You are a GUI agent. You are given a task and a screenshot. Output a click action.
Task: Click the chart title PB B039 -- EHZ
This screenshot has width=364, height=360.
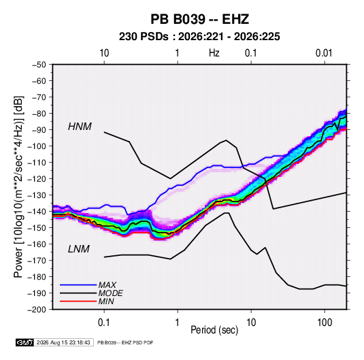[199, 19]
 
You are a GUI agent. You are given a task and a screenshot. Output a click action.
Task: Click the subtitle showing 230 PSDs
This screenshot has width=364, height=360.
[199, 37]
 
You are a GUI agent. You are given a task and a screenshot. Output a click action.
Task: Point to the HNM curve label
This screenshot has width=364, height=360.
[80, 127]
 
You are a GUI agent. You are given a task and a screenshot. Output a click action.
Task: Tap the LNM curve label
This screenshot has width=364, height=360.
[79, 249]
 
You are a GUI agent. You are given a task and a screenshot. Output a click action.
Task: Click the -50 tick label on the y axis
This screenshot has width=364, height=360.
[39, 65]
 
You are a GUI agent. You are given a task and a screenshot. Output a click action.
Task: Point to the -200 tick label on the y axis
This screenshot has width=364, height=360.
[37, 310]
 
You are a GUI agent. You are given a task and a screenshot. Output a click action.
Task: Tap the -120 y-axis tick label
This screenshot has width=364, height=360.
[37, 179]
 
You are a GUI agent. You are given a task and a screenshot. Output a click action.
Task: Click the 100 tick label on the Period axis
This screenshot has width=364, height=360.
[325, 323]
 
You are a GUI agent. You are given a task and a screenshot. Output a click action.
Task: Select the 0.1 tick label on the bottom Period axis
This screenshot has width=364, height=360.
[104, 323]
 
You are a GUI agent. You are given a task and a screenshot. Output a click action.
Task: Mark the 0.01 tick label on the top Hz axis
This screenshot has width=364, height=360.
[324, 53]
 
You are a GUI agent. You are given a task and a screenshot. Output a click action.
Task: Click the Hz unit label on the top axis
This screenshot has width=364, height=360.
[214, 53]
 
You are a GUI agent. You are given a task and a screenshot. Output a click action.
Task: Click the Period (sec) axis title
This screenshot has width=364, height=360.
[214, 330]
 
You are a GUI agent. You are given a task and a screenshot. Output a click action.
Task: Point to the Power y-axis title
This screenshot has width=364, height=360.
[18, 187]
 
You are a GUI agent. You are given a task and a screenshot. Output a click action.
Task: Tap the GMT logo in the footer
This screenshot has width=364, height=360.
[25, 342]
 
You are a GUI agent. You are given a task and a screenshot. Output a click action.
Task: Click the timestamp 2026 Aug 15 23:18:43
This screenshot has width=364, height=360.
[63, 342]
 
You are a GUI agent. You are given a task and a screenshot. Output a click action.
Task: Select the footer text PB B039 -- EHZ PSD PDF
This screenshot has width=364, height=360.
[125, 342]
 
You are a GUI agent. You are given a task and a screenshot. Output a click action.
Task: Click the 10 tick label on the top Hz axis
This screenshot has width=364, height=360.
[104, 53]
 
